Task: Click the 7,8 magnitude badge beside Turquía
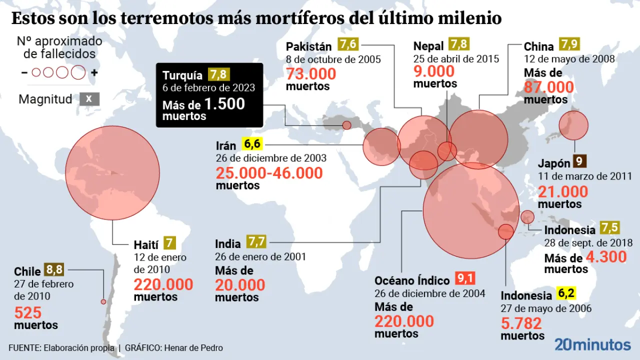218,75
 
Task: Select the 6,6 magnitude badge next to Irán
252,144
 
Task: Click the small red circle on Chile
103,301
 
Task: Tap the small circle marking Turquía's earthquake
346,125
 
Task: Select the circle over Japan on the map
573,125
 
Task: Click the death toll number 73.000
311,74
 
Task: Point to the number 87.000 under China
548,87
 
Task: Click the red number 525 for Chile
28,313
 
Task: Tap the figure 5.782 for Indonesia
521,323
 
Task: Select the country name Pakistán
309,46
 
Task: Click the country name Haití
146,245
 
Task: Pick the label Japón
554,163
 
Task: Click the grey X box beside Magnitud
89,98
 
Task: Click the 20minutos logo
592,345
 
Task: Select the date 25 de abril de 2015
456,59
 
